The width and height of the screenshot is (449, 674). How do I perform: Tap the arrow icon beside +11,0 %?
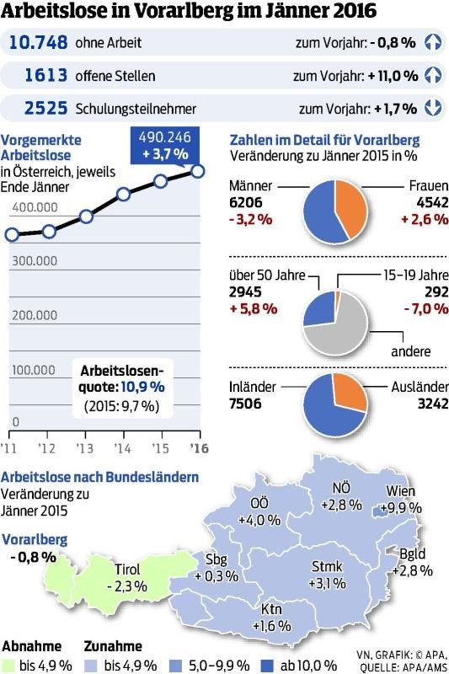(x=433, y=75)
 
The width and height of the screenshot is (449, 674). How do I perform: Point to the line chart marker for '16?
(x=198, y=171)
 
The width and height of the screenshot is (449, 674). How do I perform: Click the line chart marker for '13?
(x=86, y=217)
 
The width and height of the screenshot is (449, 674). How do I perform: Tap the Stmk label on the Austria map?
(x=326, y=567)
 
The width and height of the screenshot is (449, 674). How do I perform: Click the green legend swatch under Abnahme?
(x=8, y=666)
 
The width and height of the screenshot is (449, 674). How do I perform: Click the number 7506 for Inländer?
(x=245, y=404)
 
